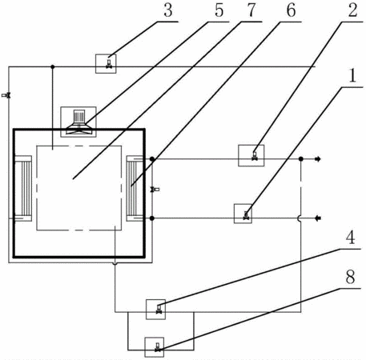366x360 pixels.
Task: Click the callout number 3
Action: coord(168,10)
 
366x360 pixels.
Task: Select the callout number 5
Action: coord(219,10)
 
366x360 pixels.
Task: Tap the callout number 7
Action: coord(251,10)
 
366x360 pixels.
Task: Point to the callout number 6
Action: coord(291,10)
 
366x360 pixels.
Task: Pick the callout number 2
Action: coord(352,10)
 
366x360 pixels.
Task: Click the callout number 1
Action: coord(352,75)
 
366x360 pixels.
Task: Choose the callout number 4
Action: coord(350,238)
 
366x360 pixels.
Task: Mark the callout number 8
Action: coord(350,277)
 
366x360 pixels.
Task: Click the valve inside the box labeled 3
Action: coord(109,64)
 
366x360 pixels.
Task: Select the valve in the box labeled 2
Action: coord(255,156)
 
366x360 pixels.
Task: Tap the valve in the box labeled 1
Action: coord(246,215)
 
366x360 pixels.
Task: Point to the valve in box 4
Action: coord(159,310)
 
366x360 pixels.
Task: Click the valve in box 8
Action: coord(158,347)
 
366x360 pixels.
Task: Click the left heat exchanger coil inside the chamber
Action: coord(23,189)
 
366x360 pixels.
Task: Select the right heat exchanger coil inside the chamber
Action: coord(135,189)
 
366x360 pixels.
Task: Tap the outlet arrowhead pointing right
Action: coord(318,159)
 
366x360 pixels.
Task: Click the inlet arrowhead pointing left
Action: coord(318,218)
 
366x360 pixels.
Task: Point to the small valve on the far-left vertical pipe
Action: coord(6,95)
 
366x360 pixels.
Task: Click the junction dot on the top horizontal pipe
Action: coord(53,66)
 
